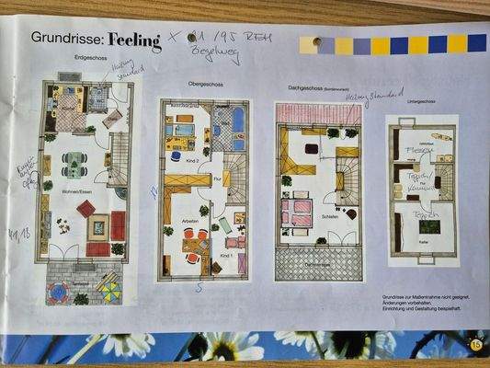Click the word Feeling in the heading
click(133, 40)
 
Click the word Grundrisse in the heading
click(67, 39)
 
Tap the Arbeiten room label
click(191, 221)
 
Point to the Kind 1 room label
click(227, 255)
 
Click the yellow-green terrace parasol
click(108, 291)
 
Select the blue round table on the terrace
click(58, 293)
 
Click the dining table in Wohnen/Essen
click(74, 164)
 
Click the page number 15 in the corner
click(474, 344)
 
